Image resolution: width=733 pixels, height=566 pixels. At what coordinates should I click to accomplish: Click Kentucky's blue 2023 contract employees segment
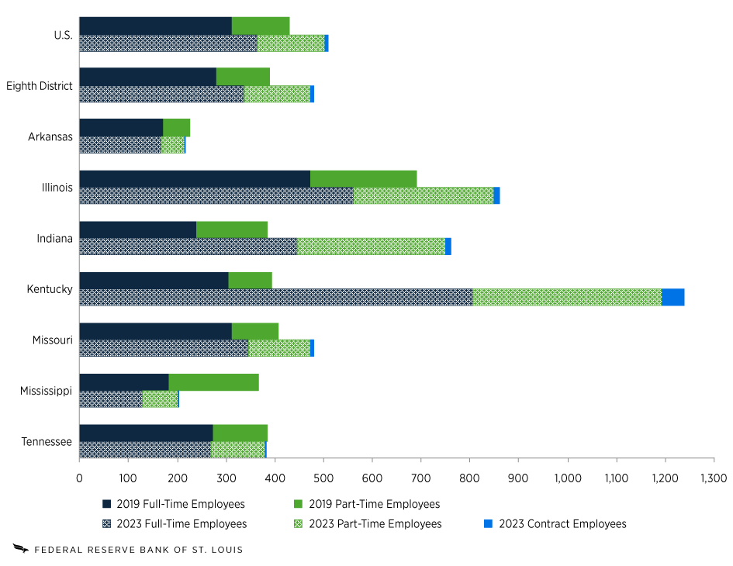point(672,298)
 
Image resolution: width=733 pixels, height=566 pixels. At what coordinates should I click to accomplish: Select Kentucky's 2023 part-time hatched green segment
point(566,298)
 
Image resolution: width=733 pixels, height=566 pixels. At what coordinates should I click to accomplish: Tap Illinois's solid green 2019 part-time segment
point(363,178)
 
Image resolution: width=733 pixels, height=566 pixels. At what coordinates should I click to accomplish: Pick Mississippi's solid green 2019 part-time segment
point(213,382)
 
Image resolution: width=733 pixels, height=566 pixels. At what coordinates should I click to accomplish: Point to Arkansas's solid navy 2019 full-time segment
point(121,127)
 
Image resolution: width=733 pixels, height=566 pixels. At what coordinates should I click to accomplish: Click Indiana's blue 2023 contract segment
point(448,247)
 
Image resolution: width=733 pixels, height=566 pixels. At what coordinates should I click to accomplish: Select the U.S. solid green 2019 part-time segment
point(261,26)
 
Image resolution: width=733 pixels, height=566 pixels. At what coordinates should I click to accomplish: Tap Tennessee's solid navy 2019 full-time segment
point(146,433)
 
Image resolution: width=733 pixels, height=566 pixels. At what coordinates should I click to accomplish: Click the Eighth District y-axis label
point(40,86)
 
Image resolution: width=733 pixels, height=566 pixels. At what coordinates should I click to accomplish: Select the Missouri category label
point(51,340)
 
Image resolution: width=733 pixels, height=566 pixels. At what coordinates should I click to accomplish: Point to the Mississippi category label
point(47,392)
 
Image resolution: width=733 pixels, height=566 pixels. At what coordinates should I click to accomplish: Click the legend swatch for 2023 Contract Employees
point(488,523)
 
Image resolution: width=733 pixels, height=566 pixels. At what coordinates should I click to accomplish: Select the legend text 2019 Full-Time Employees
point(181,504)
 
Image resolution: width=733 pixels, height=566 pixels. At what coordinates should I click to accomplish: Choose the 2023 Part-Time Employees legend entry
point(375,523)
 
